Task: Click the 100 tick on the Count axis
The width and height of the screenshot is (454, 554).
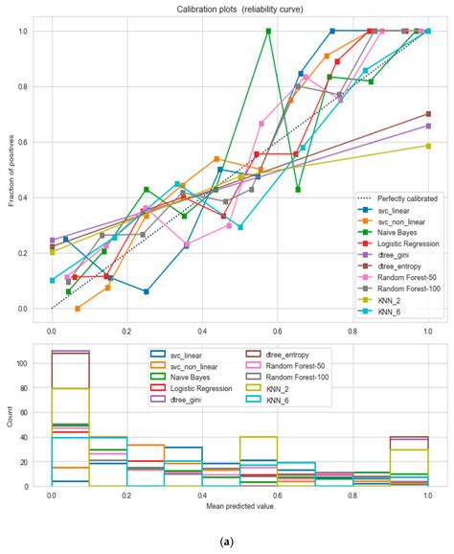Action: [31, 363]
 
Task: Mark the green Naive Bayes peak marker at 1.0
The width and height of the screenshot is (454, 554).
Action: [268, 31]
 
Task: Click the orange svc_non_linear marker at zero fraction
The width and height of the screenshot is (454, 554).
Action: [78, 309]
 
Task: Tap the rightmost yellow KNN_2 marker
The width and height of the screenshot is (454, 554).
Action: [428, 146]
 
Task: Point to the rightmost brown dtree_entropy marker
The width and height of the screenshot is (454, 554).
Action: [428, 114]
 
